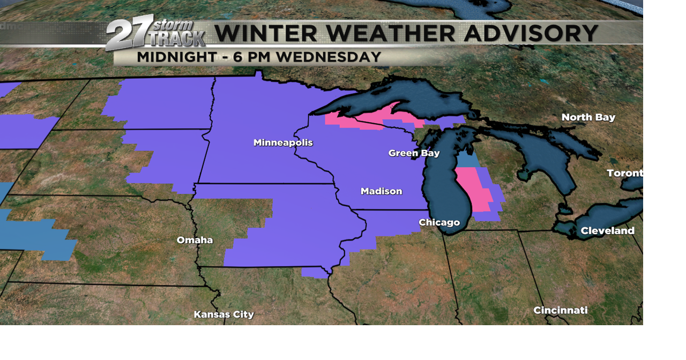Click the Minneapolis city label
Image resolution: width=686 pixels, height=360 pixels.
pyautogui.click(x=283, y=142)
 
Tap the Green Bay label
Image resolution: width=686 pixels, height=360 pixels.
pyautogui.click(x=414, y=153)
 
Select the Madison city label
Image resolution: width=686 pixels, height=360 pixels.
pyautogui.click(x=381, y=191)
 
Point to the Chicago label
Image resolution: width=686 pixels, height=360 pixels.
pyautogui.click(x=439, y=222)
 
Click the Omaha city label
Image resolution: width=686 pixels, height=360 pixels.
pyautogui.click(x=195, y=240)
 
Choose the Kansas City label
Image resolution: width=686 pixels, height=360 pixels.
pyautogui.click(x=223, y=314)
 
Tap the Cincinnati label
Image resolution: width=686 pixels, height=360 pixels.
pyautogui.click(x=560, y=310)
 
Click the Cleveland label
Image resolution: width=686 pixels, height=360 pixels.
pyautogui.click(x=607, y=231)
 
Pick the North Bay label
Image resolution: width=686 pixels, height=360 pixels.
pyautogui.click(x=588, y=117)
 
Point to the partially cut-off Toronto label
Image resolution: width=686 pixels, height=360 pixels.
pyautogui.click(x=624, y=173)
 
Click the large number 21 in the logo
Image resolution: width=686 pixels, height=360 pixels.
pyautogui.click(x=129, y=34)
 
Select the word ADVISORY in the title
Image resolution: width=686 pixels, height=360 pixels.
pyautogui.click(x=531, y=34)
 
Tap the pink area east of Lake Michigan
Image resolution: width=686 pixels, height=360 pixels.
pyautogui.click(x=472, y=190)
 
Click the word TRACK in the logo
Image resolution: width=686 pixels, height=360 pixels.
pyautogui.click(x=177, y=39)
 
